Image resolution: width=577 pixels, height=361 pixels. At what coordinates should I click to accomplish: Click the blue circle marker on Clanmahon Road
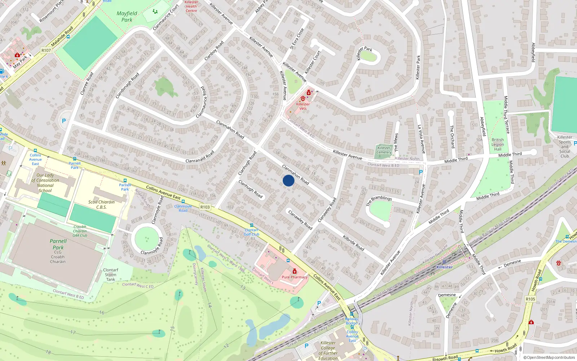click(x=288, y=180)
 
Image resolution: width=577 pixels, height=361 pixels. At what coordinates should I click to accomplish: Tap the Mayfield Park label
click(x=127, y=17)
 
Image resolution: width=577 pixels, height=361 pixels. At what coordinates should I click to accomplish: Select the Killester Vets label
click(x=303, y=106)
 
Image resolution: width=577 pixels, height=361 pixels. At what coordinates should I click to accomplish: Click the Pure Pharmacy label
click(x=295, y=277)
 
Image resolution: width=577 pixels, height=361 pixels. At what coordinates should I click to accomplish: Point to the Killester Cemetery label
click(x=384, y=150)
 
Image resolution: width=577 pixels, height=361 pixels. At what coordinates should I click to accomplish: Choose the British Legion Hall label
click(x=498, y=144)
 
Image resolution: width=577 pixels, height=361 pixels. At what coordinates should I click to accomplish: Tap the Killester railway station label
click(x=444, y=267)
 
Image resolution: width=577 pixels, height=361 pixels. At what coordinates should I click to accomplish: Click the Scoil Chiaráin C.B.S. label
click(x=101, y=205)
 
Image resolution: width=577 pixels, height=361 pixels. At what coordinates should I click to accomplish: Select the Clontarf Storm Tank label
click(x=111, y=275)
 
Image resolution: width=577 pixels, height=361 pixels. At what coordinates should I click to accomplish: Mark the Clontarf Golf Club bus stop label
click(x=251, y=232)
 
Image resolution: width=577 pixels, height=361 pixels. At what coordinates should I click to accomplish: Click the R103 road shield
click(x=205, y=207)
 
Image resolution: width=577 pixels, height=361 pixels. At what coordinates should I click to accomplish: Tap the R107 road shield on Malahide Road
click(x=46, y=51)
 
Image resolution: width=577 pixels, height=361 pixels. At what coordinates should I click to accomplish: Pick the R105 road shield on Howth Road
click(x=530, y=299)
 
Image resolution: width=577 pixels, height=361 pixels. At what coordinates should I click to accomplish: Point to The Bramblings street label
click(x=379, y=201)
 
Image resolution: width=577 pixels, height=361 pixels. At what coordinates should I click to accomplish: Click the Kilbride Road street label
click(x=353, y=243)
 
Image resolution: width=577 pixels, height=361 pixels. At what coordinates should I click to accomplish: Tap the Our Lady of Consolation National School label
click(x=45, y=183)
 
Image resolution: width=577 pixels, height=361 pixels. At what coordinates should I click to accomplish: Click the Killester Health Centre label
click(x=191, y=6)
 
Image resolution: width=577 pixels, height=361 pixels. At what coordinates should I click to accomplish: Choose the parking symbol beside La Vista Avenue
click(x=420, y=173)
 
